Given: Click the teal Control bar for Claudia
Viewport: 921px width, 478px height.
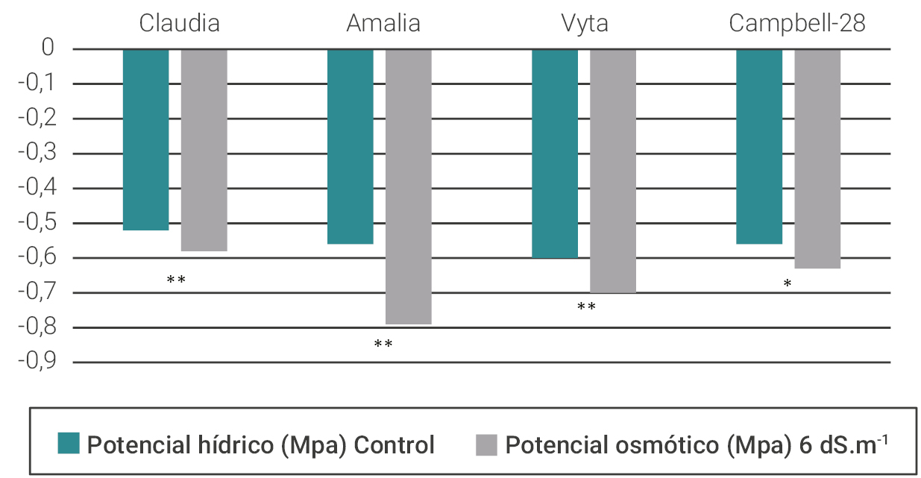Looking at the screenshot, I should pyautogui.click(x=145, y=139).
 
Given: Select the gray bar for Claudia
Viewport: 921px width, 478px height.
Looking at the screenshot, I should pyautogui.click(x=204, y=150).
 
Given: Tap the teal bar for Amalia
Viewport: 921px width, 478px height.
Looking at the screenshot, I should pyautogui.click(x=350, y=146).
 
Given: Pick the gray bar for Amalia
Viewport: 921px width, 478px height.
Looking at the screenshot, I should pyautogui.click(x=408, y=186).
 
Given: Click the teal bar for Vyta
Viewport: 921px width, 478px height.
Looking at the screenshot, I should pyautogui.click(x=555, y=154).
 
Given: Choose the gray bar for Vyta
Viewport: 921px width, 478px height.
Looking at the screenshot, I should pyautogui.click(x=613, y=171).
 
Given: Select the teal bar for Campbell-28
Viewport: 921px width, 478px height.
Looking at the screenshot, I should pyautogui.click(x=759, y=146).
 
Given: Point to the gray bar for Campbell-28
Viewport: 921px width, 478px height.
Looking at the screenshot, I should pyautogui.click(x=817, y=159).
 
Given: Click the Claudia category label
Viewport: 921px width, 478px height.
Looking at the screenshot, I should pyautogui.click(x=180, y=23).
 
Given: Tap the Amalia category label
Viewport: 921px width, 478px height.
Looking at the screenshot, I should pyautogui.click(x=383, y=23).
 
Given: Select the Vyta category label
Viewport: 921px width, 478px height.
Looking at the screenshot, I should pyautogui.click(x=585, y=23).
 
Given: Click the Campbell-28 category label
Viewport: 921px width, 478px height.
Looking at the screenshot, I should pyautogui.click(x=797, y=23).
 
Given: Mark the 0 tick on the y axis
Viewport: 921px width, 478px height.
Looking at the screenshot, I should pyautogui.click(x=48, y=49).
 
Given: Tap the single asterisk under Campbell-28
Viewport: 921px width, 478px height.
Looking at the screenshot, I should pyautogui.click(x=788, y=284).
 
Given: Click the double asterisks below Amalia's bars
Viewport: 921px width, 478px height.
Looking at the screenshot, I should pyautogui.click(x=383, y=345).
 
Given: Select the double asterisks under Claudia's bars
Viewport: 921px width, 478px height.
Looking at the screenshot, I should pyautogui.click(x=176, y=280).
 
